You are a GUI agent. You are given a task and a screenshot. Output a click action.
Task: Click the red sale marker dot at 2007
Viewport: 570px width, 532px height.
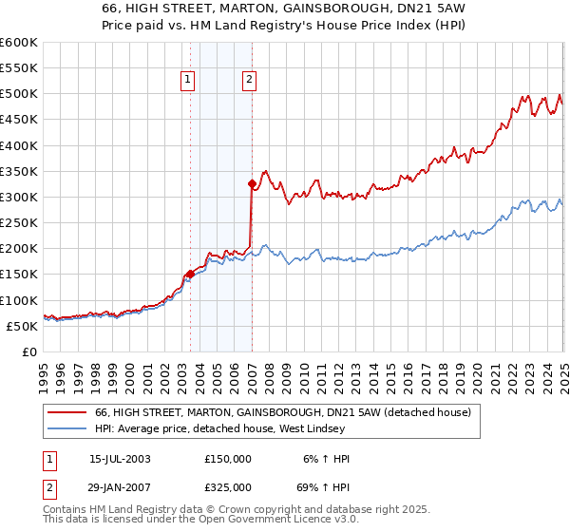click(x=252, y=184)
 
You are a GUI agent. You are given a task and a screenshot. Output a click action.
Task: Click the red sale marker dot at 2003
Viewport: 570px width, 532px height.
click(x=190, y=274)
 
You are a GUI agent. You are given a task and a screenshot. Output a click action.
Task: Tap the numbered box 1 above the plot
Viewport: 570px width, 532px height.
click(x=188, y=81)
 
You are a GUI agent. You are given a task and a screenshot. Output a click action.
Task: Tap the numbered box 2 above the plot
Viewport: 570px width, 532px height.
click(x=249, y=81)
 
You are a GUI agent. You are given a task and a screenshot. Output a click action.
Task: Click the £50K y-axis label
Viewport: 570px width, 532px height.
click(x=22, y=326)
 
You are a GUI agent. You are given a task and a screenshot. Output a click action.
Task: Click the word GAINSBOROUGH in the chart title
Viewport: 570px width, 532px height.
click(x=310, y=8)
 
